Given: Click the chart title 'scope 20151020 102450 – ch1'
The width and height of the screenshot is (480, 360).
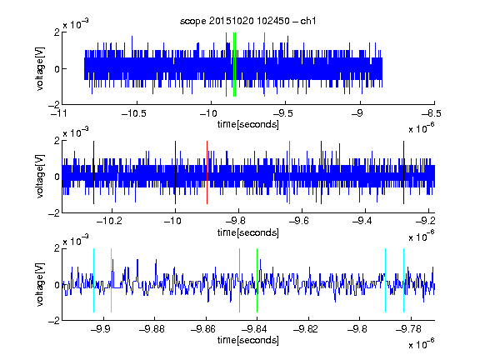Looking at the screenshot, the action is pyautogui.click(x=247, y=21).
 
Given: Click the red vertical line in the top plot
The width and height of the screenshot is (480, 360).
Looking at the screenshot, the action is pyautogui.click(x=226, y=65).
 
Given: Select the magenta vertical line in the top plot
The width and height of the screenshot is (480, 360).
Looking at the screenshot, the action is pyautogui.click(x=264, y=65).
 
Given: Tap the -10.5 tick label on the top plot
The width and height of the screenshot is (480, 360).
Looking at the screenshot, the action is pyautogui.click(x=134, y=113).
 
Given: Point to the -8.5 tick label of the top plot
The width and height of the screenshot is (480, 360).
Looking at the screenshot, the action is pyautogui.click(x=432, y=113).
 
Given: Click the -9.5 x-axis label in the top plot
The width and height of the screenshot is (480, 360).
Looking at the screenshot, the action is pyautogui.click(x=282, y=113).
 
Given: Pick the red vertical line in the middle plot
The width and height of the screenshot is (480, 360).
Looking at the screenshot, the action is pyautogui.click(x=207, y=172).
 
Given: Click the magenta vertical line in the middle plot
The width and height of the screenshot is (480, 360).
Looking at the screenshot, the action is pyautogui.click(x=290, y=172).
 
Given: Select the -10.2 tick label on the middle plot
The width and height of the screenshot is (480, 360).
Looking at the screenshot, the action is pyautogui.click(x=109, y=221).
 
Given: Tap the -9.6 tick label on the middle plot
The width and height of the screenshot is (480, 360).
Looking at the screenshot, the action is pyautogui.click(x=298, y=221).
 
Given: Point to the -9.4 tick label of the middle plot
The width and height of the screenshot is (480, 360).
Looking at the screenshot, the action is pyautogui.click(x=362, y=221).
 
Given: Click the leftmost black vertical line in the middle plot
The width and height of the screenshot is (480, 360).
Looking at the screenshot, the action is pyautogui.click(x=93, y=172).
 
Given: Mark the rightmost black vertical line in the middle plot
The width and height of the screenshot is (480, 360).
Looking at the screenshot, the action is pyautogui.click(x=403, y=172).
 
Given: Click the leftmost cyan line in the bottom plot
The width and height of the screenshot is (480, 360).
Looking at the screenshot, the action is pyautogui.click(x=93, y=280).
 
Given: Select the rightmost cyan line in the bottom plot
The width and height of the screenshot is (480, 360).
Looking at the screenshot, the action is pyautogui.click(x=403, y=280).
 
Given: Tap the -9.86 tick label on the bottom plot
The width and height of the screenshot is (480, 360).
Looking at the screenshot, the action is pyautogui.click(x=203, y=329).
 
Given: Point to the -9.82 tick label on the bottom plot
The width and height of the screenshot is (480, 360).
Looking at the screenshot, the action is pyautogui.click(x=306, y=329).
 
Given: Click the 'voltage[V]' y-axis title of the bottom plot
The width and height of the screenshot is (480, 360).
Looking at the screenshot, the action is pyautogui.click(x=40, y=284).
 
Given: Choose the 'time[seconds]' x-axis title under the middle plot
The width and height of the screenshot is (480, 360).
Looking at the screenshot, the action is pyautogui.click(x=248, y=232).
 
